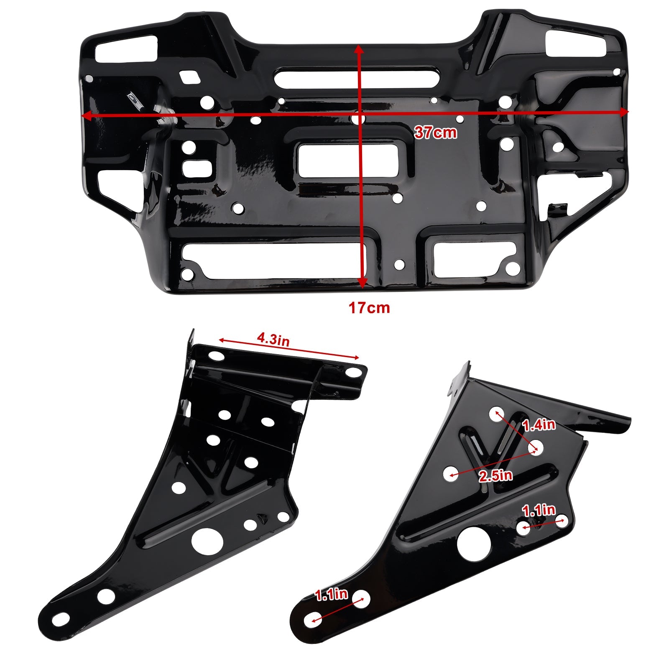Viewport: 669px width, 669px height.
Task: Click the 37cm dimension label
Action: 435,133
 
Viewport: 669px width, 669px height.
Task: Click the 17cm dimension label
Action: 369,308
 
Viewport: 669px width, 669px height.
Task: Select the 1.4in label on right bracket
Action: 539,425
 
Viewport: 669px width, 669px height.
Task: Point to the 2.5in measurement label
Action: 496,476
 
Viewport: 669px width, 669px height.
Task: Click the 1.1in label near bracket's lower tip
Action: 331,594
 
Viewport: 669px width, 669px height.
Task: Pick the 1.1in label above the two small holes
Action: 539,510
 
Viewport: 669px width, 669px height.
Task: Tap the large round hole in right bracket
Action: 473,544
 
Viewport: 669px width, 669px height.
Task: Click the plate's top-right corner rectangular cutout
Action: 575,44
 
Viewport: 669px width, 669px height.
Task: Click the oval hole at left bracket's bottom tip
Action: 60,617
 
